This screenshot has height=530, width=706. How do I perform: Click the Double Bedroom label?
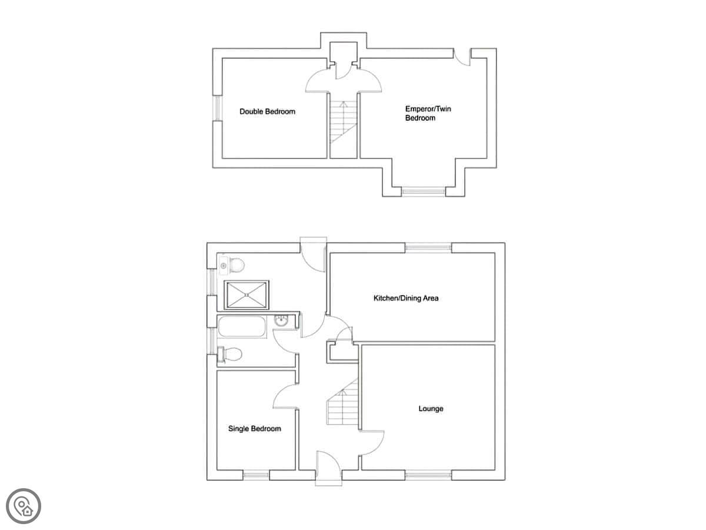(267, 112)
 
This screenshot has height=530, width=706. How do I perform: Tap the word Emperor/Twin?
(428, 109)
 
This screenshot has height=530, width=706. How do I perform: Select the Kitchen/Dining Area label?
(405, 299)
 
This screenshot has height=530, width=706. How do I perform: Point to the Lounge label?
(431, 409)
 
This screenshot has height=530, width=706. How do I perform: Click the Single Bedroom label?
(254, 429)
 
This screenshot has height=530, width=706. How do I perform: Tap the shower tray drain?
(247, 294)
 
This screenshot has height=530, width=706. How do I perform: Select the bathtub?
(242, 327)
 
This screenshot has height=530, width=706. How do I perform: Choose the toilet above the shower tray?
(232, 266)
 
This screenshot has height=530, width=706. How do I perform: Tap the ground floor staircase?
(343, 403)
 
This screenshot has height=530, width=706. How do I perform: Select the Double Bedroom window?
(218, 108)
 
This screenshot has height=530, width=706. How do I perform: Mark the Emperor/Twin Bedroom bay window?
(424, 191)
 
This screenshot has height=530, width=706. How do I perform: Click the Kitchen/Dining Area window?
(428, 247)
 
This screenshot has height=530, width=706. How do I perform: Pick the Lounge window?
(428, 484)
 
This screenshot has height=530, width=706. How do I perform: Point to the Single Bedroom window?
(256, 484)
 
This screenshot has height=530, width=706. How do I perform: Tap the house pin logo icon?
(24, 506)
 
